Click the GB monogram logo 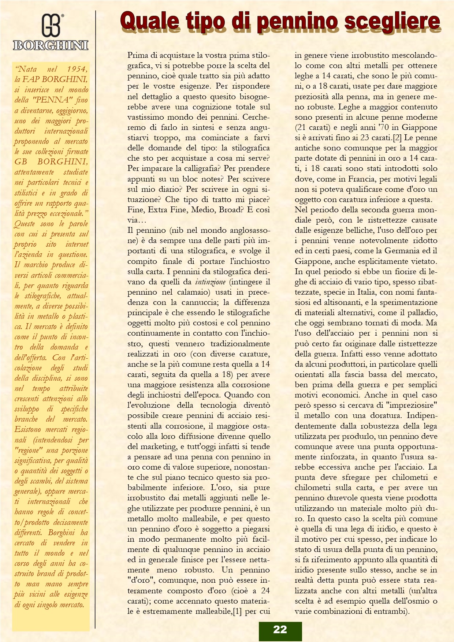tap(52, 25)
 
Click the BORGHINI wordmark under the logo tap(51, 45)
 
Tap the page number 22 tap(280, 629)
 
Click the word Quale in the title tap(150, 21)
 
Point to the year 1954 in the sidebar tap(77, 69)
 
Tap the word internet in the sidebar tap(77, 244)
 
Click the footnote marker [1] tap(237, 611)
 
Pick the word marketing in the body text tap(159, 447)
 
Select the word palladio tap(421, 313)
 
